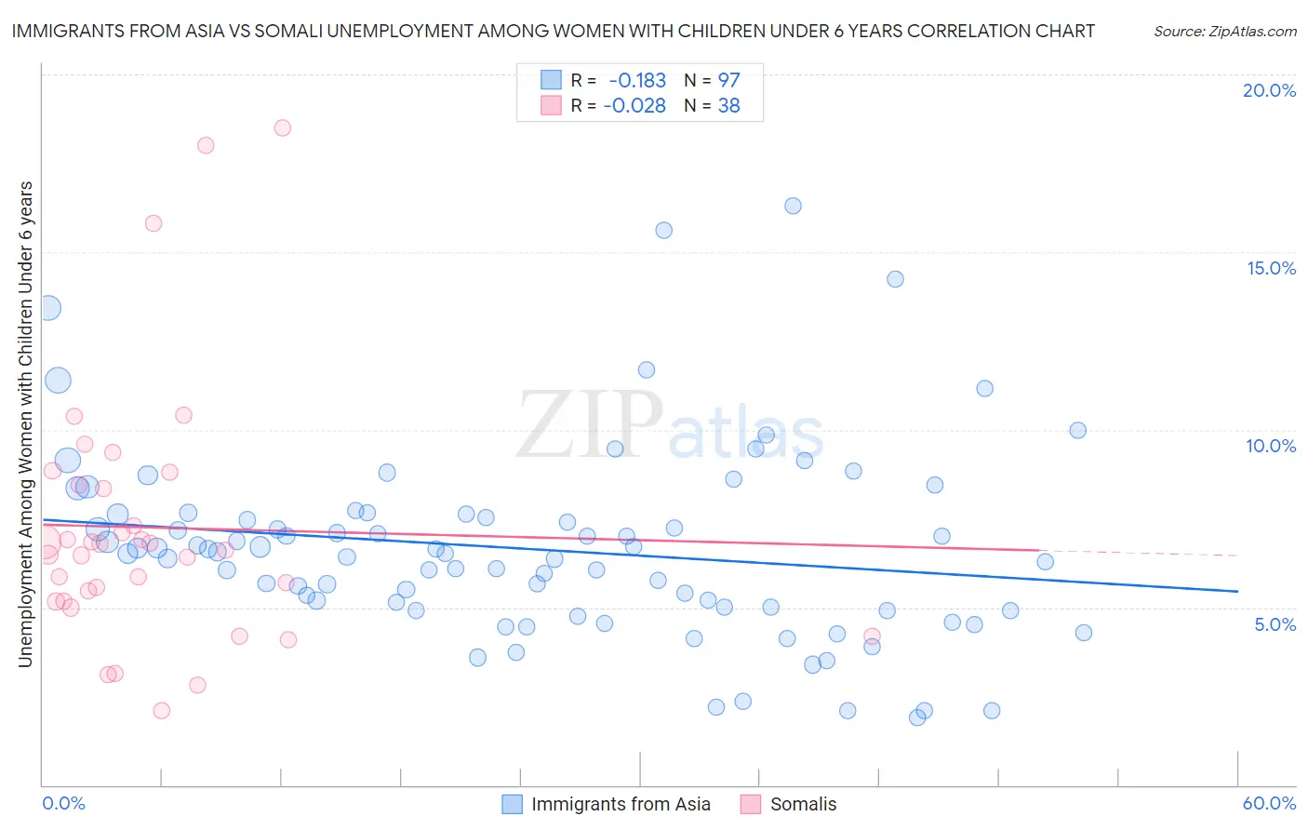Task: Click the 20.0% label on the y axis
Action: [x=1269, y=90]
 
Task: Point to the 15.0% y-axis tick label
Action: [x=1271, y=268]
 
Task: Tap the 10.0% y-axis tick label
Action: [x=1271, y=446]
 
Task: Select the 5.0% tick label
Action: [x=1275, y=624]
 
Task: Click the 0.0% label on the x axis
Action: [x=63, y=803]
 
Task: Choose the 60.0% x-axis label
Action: [x=1269, y=803]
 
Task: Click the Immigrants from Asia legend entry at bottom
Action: [x=621, y=804]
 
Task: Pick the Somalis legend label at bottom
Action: [x=803, y=804]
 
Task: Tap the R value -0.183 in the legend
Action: [x=637, y=80]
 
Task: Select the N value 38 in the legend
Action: [x=728, y=106]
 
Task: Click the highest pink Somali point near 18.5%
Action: [x=282, y=127]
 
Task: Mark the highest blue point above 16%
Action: [x=793, y=206]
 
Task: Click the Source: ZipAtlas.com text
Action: [x=1224, y=31]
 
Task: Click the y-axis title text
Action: [x=25, y=423]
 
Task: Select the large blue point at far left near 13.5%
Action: [x=48, y=308]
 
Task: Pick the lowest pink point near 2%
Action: [x=161, y=711]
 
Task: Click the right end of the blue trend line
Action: [x=1237, y=591]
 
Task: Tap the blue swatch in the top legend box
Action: [x=551, y=80]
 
